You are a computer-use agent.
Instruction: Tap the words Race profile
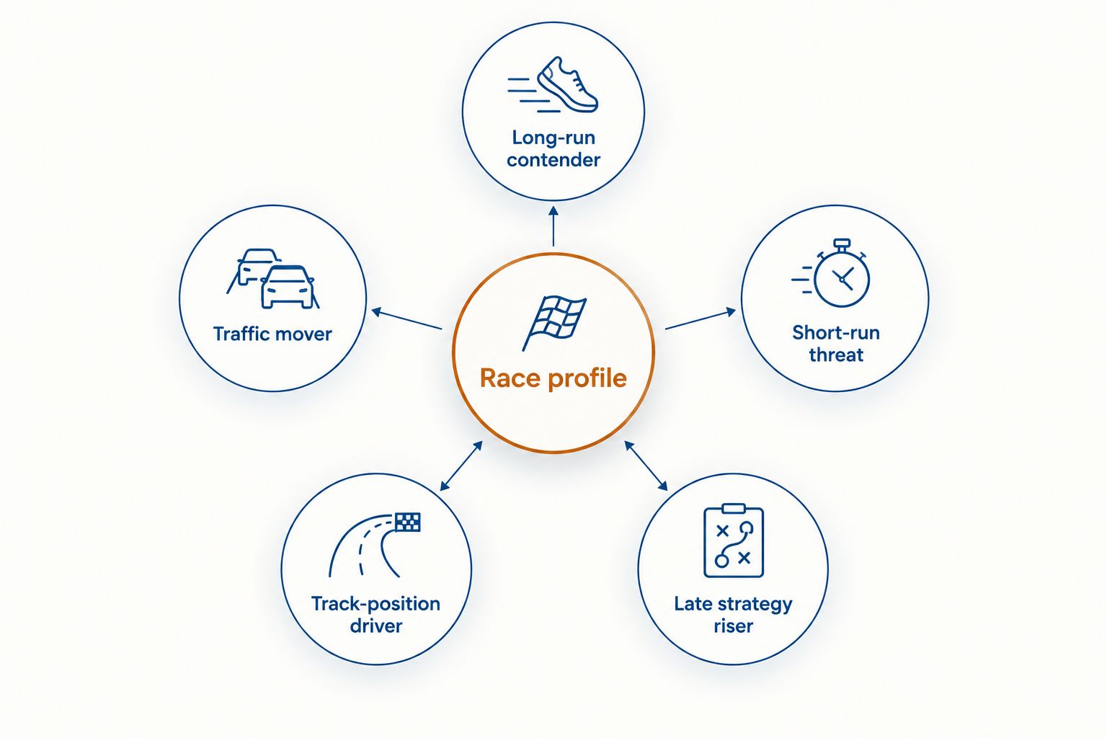click(553, 378)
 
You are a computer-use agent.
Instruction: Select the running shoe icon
click(553, 85)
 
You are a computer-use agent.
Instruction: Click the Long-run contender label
click(553, 148)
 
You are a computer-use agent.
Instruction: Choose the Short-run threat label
click(836, 344)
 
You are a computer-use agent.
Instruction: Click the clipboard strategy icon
click(734, 541)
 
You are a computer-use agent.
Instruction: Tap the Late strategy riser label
click(734, 615)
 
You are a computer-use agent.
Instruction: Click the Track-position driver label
click(375, 615)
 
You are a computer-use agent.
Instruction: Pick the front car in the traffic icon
click(287, 287)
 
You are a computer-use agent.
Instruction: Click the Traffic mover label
click(272, 334)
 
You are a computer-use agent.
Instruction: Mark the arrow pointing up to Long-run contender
click(553, 226)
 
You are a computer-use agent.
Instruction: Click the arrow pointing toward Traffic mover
click(406, 319)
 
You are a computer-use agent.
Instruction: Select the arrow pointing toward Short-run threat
click(701, 319)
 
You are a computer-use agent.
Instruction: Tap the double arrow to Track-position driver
click(461, 466)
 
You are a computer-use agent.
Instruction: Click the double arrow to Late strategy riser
click(646, 466)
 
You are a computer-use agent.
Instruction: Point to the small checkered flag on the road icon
click(408, 522)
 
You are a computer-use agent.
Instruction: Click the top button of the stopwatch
click(842, 244)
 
